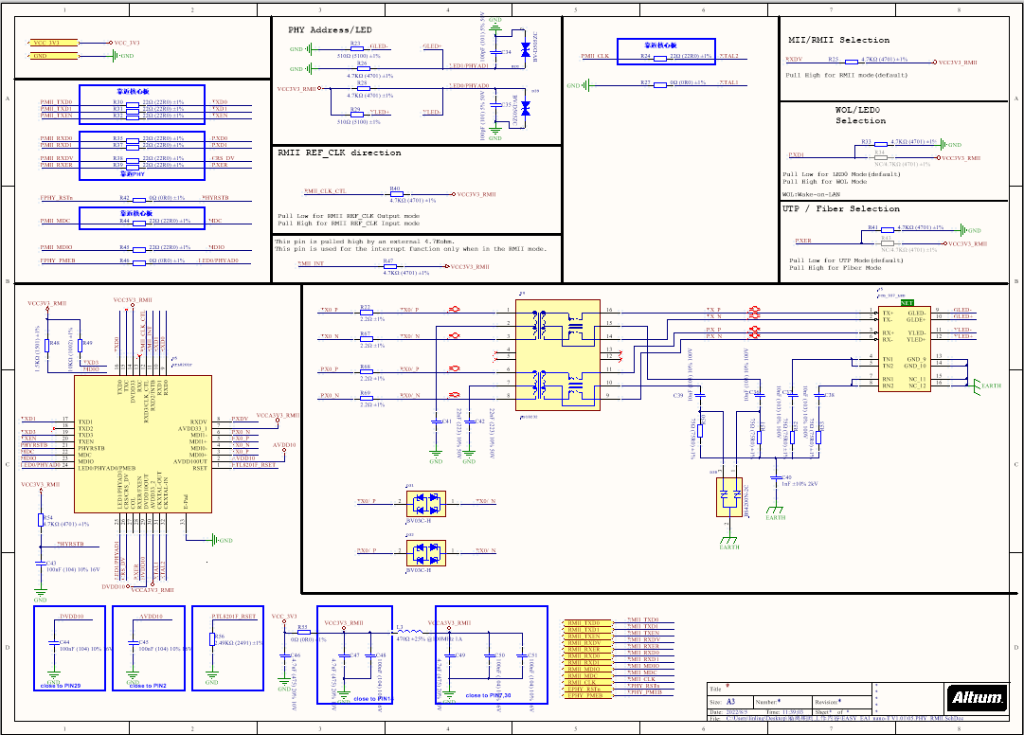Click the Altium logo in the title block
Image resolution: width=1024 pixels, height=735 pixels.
tap(977, 699)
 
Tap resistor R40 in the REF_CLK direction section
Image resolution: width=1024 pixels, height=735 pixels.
tap(395, 194)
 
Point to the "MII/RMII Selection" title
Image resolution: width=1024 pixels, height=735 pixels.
tap(838, 40)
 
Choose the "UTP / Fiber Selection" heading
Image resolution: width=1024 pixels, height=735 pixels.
tap(841, 208)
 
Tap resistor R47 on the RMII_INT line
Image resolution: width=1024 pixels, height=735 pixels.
tap(388, 267)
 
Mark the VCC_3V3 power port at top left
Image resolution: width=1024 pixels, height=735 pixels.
tap(47, 43)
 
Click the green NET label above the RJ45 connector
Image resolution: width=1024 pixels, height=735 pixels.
tap(907, 301)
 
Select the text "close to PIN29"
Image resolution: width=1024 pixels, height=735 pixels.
tap(62, 685)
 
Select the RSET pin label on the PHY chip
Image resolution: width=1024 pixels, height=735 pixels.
tap(200, 467)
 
